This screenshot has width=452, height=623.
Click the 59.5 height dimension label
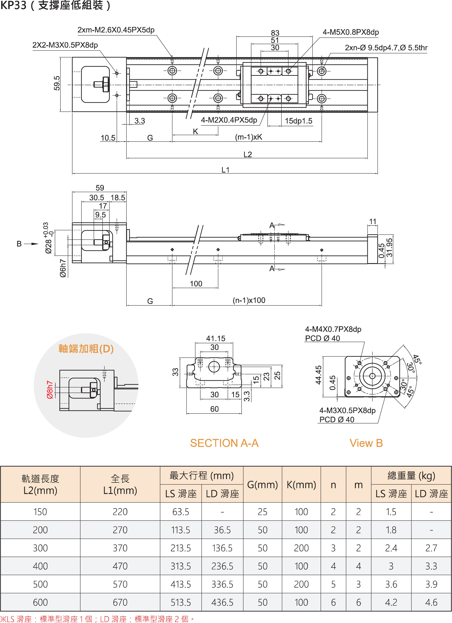click(57, 83)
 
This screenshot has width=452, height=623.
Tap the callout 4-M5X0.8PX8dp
click(351, 32)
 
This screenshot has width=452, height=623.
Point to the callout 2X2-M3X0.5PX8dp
click(65, 45)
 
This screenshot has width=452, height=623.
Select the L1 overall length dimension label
click(226, 170)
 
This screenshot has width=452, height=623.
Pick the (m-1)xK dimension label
click(249, 137)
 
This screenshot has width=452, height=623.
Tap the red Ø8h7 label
click(50, 390)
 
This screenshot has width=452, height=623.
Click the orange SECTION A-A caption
click(224, 443)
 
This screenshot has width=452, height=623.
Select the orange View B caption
click(366, 443)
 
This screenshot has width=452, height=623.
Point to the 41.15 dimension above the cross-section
click(216, 338)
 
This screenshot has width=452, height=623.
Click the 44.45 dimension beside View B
click(318, 375)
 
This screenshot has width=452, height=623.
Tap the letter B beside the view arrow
click(19, 244)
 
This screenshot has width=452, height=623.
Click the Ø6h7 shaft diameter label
click(63, 268)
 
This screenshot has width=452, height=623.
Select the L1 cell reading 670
click(120, 602)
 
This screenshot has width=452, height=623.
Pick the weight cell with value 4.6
click(431, 602)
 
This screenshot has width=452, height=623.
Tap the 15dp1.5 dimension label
click(298, 121)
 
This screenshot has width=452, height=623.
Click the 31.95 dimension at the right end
click(390, 248)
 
